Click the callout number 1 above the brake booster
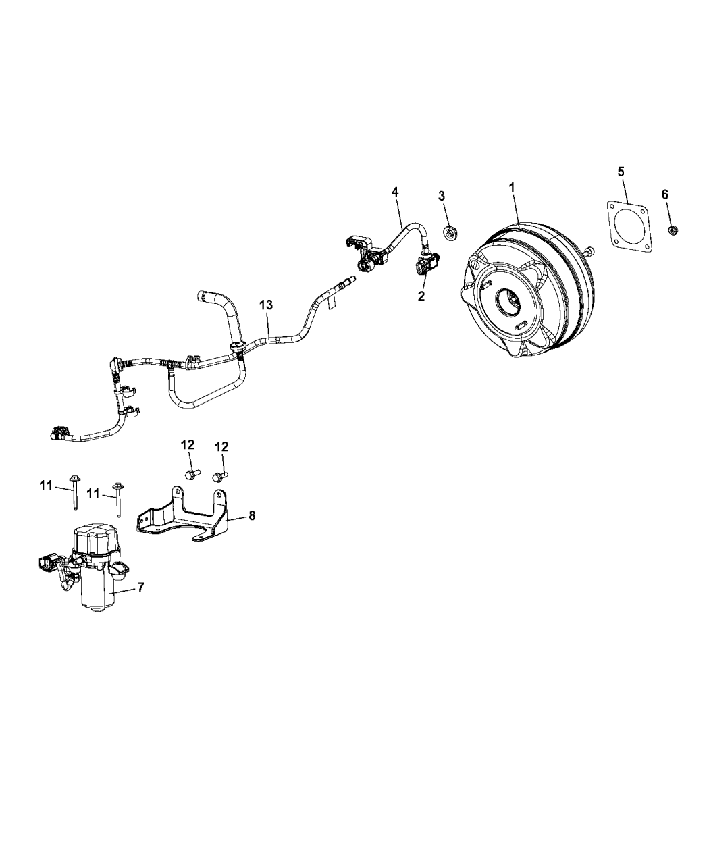[512, 188]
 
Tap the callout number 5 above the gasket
[621, 171]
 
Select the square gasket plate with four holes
[629, 226]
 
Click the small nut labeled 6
[673, 230]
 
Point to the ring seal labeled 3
[450, 234]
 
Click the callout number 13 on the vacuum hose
[266, 305]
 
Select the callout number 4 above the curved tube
[395, 192]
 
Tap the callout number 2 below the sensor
[421, 296]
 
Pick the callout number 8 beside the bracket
[252, 515]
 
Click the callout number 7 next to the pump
[140, 588]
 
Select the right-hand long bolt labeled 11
[118, 499]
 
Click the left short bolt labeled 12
[191, 475]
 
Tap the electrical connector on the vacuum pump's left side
[46, 563]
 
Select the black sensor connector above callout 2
[425, 264]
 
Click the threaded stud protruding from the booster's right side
[589, 251]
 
